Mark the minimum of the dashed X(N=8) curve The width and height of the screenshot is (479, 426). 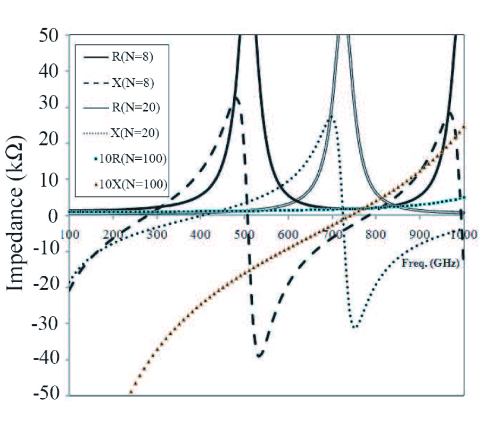point(259,356)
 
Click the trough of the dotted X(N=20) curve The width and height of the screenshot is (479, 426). point(355,327)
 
